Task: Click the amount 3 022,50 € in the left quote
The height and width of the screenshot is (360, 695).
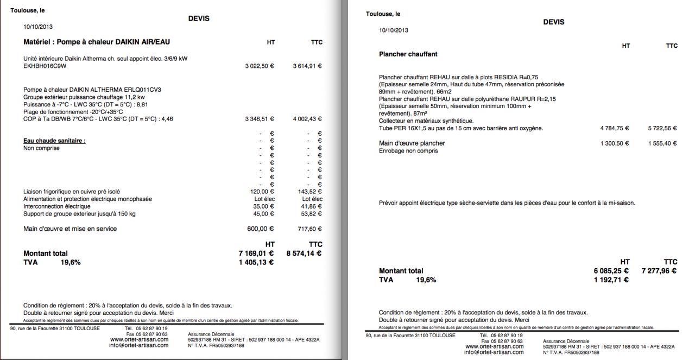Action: click(260, 66)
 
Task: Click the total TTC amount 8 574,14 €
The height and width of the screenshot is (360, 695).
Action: click(304, 253)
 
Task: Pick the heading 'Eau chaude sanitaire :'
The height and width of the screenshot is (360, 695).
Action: click(54, 141)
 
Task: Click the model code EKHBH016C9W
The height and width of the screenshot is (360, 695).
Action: click(45, 66)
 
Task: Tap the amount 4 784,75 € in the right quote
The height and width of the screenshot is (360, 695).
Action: click(615, 129)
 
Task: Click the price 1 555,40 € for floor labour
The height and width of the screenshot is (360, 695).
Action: click(662, 143)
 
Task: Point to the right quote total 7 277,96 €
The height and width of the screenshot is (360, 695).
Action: click(659, 271)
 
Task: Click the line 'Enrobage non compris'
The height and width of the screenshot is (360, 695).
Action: click(408, 151)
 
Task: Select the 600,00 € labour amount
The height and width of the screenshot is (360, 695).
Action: click(261, 229)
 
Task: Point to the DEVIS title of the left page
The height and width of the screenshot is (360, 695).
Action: click(199, 18)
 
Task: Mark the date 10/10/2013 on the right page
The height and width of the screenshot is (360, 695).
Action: click(394, 30)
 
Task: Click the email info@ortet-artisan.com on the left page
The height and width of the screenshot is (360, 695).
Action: click(138, 345)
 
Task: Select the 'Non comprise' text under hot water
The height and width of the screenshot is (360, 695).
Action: click(41, 148)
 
